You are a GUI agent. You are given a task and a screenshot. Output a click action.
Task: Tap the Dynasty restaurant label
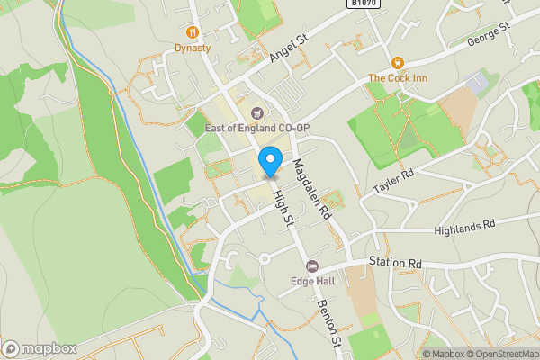193,48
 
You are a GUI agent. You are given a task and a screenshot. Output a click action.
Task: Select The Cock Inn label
397,78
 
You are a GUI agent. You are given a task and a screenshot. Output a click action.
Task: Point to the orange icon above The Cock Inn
397,62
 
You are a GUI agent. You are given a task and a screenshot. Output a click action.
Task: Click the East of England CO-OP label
256,129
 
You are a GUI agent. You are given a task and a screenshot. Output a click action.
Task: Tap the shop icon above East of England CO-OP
256,113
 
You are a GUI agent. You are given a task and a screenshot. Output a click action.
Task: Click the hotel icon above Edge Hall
312,265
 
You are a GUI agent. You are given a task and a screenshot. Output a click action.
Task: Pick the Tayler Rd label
393,182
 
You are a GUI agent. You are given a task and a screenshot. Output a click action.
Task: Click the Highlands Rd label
464,227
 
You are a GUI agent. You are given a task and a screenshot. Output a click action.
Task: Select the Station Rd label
395,263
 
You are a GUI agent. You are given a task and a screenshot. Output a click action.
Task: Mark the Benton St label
330,323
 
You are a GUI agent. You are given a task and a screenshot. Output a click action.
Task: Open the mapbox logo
38,348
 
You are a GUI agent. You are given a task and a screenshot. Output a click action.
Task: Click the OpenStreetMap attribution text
501,354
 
